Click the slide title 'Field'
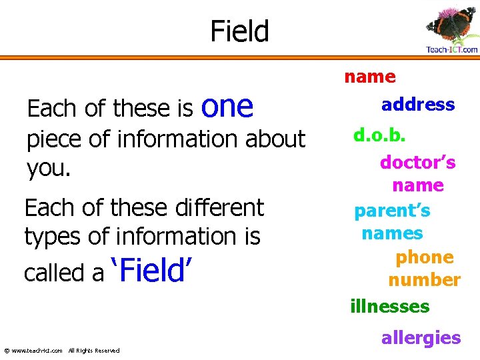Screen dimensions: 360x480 (239, 31)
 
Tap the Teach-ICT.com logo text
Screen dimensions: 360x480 (452, 49)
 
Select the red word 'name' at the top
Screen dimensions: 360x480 (369, 77)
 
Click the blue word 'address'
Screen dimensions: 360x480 (418, 104)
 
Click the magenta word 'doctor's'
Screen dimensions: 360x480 (418, 162)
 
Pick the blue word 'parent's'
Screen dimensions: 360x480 (392, 211)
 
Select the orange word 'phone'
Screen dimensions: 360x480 (424, 257)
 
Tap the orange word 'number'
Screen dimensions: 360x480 (424, 280)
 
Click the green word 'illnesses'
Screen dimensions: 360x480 (390, 307)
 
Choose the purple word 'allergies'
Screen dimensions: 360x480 (421, 337)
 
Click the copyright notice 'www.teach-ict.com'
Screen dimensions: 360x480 (37, 351)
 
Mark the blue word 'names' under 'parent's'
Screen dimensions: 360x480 (392, 233)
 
